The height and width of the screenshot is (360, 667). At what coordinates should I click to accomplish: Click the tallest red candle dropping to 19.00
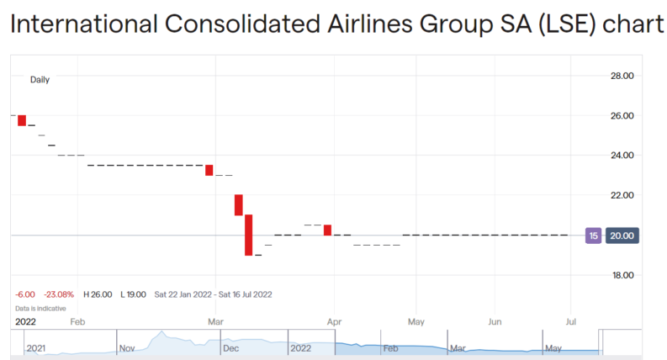249,235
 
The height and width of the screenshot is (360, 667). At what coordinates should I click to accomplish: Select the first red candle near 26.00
22,119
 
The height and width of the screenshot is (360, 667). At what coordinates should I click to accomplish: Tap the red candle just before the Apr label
327,230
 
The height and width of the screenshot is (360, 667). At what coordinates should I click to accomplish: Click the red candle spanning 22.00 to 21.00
239,204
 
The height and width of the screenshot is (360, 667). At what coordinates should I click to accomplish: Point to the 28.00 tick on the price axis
622,76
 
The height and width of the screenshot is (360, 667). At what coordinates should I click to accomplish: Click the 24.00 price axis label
622,155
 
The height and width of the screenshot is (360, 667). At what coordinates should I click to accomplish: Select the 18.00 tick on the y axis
622,275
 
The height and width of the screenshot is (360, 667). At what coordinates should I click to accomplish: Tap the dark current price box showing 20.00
622,236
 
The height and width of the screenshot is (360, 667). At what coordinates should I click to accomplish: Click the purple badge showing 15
594,236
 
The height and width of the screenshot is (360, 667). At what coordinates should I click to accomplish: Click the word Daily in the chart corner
40,80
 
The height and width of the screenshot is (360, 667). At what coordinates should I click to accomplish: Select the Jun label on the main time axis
495,321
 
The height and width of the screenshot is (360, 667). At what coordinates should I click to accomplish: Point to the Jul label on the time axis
571,321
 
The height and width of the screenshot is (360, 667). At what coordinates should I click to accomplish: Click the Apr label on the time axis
333,321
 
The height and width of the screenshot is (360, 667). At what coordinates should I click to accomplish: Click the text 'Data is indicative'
40,308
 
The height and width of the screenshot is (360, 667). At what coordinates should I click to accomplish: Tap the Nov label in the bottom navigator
127,347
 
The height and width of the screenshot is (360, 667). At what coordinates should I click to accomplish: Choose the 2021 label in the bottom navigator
36,347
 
